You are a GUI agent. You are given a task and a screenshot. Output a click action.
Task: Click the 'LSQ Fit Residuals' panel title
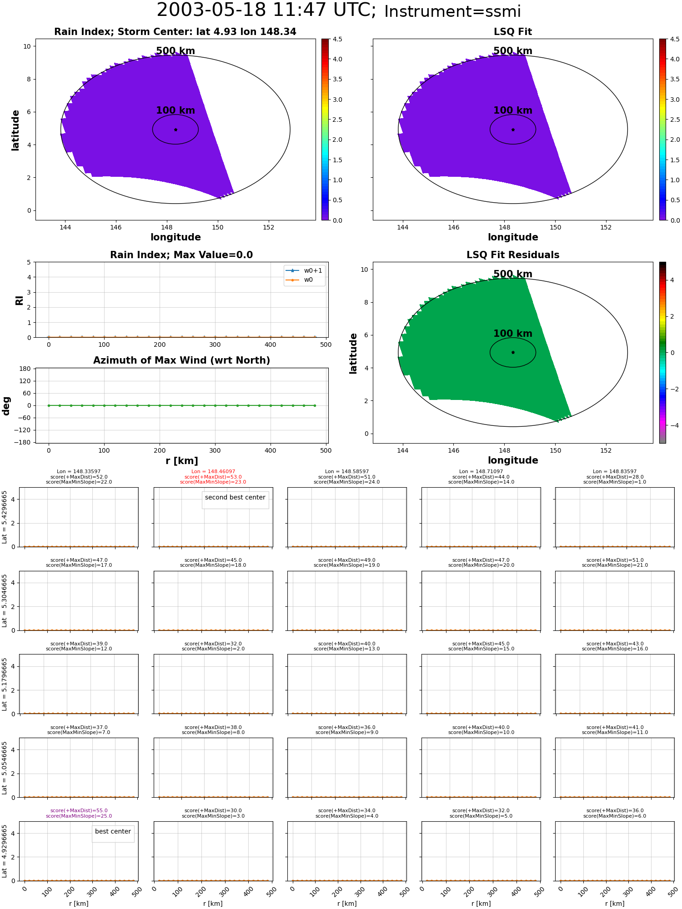coord(513,255)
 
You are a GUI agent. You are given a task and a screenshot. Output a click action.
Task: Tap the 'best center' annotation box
coord(113,832)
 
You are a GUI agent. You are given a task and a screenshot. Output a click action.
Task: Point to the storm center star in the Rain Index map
coord(176,130)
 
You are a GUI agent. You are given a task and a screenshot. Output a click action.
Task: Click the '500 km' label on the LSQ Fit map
coord(513,51)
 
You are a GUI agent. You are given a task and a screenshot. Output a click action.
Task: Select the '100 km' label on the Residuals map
coord(513,334)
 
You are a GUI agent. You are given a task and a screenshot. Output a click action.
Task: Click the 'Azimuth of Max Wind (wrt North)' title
coord(181,360)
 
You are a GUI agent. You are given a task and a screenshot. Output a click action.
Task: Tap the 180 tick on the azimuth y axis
coord(25,369)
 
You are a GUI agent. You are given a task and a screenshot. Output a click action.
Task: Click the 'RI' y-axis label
coord(19,300)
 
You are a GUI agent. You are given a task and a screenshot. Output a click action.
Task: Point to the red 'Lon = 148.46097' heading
coord(213,472)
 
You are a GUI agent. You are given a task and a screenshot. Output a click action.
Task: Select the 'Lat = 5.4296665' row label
coord(5,517)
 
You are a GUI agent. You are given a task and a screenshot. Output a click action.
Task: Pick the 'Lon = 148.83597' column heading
coord(615,472)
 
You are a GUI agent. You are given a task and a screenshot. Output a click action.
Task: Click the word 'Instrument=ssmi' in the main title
coord(452,12)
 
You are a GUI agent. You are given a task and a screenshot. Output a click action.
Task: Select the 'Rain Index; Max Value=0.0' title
coord(181,255)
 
